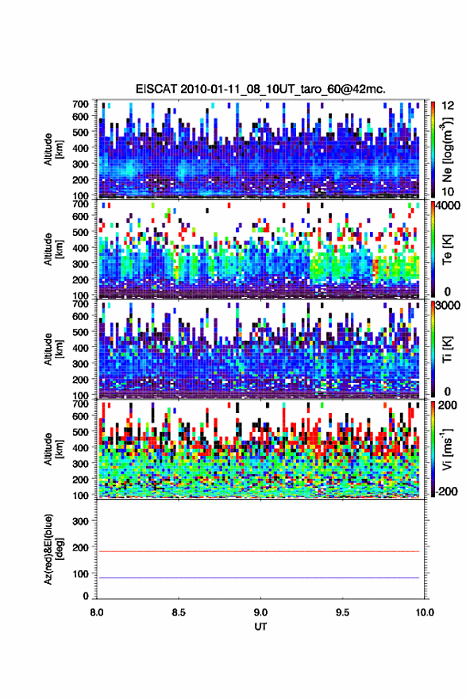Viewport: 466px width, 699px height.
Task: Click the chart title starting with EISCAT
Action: click(x=260, y=89)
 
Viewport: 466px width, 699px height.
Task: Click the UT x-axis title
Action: click(x=260, y=627)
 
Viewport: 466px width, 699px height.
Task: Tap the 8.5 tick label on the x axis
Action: click(x=179, y=612)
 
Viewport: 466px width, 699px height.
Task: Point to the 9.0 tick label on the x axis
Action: click(x=260, y=612)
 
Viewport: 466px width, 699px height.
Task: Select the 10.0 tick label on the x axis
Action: click(x=425, y=612)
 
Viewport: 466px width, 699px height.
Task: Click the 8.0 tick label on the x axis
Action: click(x=97, y=612)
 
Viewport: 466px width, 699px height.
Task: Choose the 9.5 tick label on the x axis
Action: click(x=343, y=612)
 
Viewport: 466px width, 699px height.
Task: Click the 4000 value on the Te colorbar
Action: click(x=448, y=207)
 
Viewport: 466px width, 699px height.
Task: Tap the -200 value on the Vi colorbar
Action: click(x=446, y=491)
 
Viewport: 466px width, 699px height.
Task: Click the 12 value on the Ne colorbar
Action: click(x=448, y=105)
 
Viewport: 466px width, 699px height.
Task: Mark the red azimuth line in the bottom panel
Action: click(x=258, y=551)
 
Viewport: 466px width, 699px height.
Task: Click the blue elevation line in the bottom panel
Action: click(x=258, y=577)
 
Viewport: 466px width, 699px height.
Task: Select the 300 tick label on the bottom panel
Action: click(x=81, y=521)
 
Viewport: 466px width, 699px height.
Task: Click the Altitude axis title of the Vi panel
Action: click(x=53, y=449)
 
